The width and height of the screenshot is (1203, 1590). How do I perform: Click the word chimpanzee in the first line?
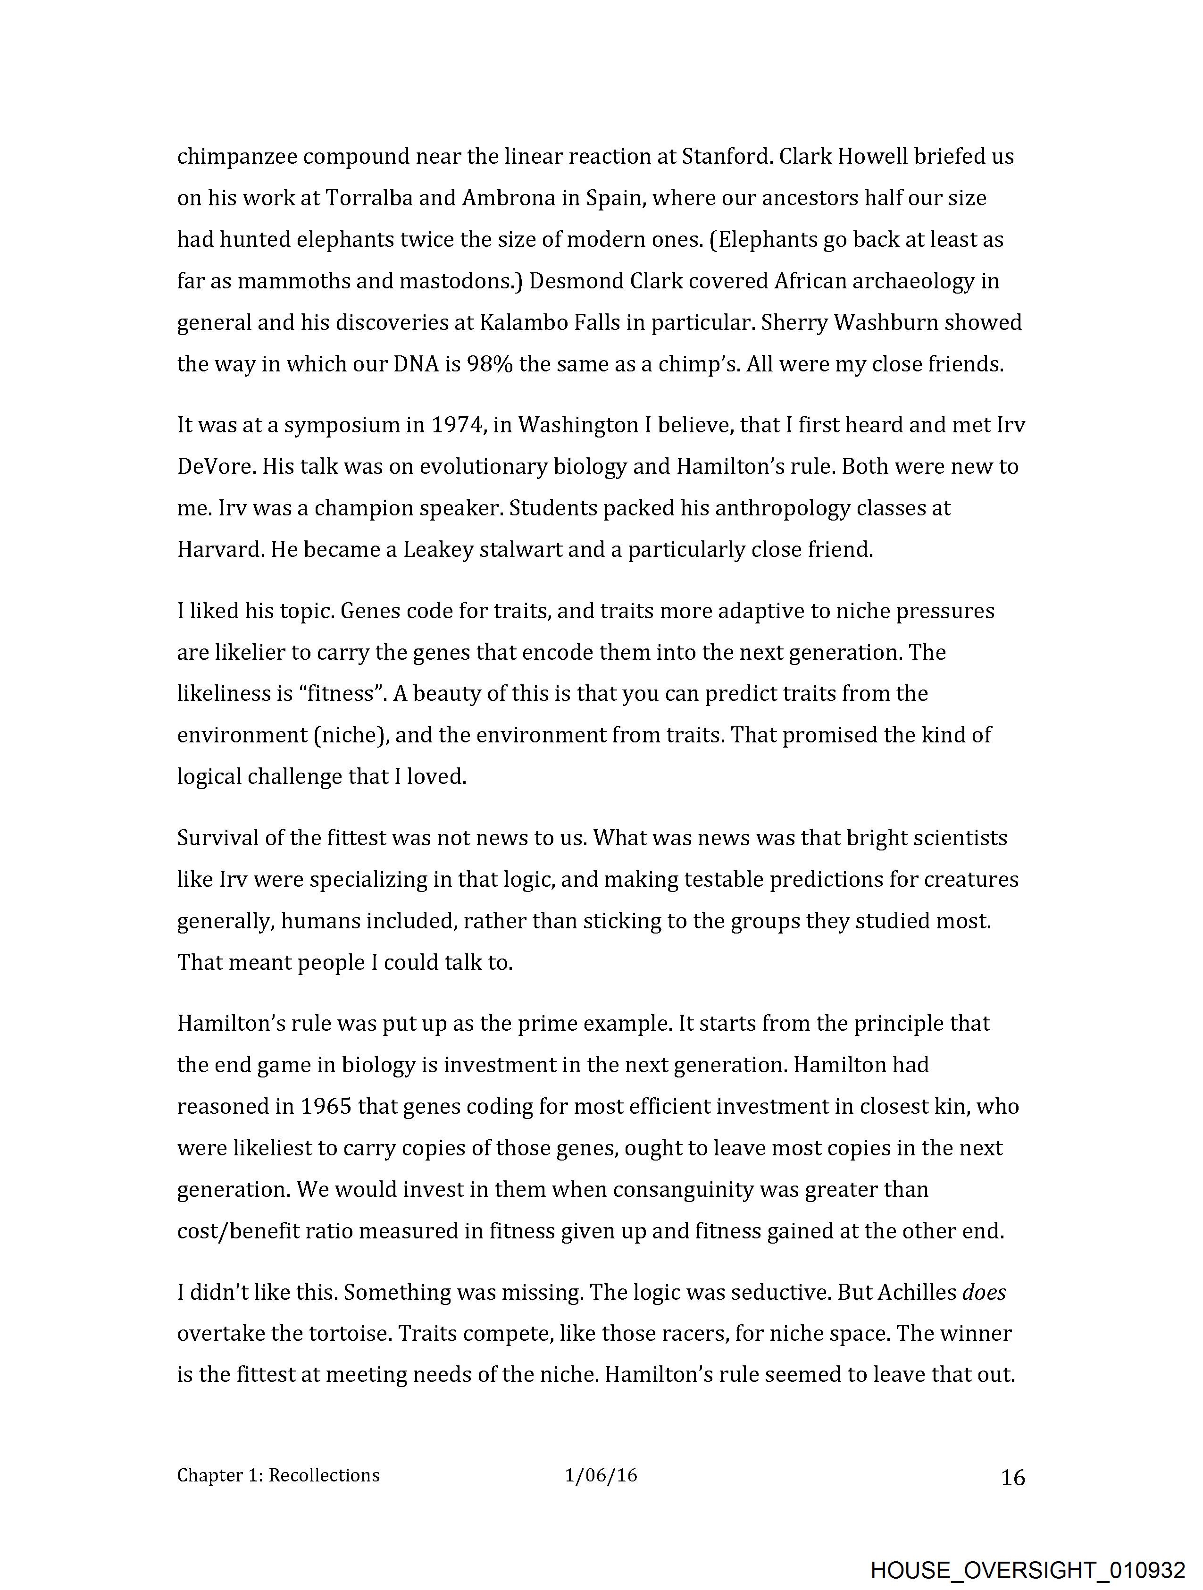click(x=236, y=157)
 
